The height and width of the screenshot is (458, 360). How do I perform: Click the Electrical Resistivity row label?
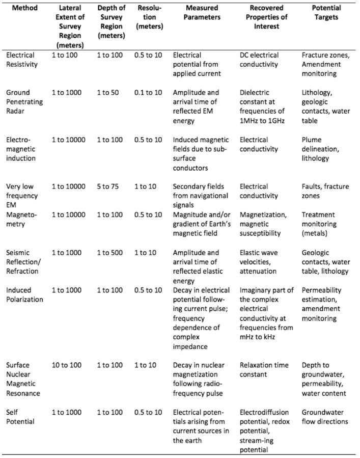click(20, 60)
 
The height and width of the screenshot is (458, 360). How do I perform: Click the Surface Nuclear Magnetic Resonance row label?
click(21, 378)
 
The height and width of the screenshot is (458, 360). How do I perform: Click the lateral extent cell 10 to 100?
click(66, 365)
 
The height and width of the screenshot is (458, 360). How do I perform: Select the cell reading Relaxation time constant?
click(264, 369)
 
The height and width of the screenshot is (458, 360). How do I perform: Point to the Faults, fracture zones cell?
click(325, 191)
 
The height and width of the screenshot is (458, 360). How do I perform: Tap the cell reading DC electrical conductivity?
click(265, 60)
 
